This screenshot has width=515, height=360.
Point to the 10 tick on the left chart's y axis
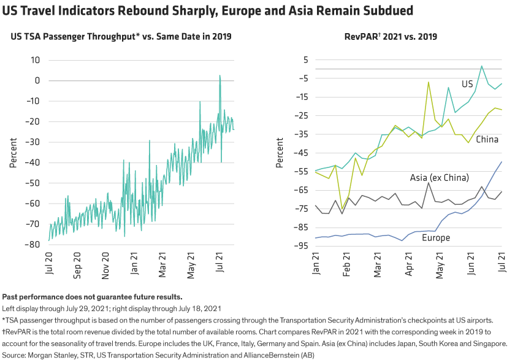tap(36, 60)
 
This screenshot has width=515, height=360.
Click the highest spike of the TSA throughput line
tap(219, 75)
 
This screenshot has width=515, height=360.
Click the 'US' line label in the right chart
tap(467, 83)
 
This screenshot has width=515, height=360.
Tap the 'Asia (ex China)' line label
tap(439, 178)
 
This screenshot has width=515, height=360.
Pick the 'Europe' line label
tap(436, 238)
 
